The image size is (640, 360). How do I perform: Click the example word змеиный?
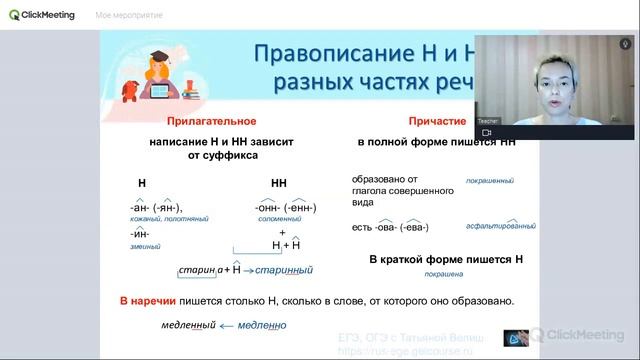pyautogui.click(x=146, y=246)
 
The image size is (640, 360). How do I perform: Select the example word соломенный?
pyautogui.click(x=275, y=219)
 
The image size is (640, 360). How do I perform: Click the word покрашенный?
pyautogui.click(x=489, y=181)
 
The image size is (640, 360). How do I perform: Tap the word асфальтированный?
pyautogui.click(x=494, y=228)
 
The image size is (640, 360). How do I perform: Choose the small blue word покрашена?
pyautogui.click(x=443, y=273)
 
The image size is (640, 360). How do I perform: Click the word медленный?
pyautogui.click(x=190, y=325)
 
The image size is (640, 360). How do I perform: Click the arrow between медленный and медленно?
pyautogui.click(x=227, y=325)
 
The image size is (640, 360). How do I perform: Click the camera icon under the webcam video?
pyautogui.click(x=487, y=132)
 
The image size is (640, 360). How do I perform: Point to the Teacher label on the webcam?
pyautogui.click(x=488, y=121)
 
